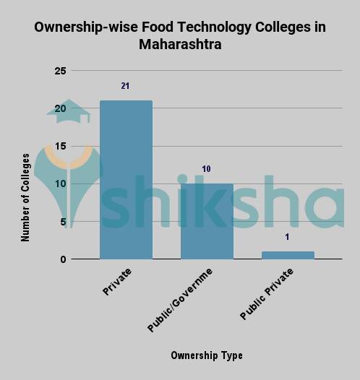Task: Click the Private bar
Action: pyautogui.click(x=126, y=180)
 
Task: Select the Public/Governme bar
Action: pyautogui.click(x=207, y=221)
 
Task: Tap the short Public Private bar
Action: pyautogui.click(x=288, y=255)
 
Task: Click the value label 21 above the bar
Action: pyautogui.click(x=125, y=86)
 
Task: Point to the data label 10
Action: pyautogui.click(x=206, y=169)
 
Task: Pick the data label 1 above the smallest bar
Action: pyautogui.click(x=287, y=237)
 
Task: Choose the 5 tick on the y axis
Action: pyautogui.click(x=63, y=221)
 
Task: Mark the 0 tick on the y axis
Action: pyautogui.click(x=63, y=259)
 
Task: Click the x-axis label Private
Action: pyautogui.click(x=117, y=282)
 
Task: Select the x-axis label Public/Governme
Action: pyautogui.click(x=180, y=301)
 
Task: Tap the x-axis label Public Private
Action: pyautogui.click(x=267, y=295)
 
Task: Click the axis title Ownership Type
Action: pyautogui.click(x=206, y=355)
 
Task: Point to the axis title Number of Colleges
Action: pyautogui.click(x=26, y=197)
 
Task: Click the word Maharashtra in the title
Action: pyautogui.click(x=180, y=45)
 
